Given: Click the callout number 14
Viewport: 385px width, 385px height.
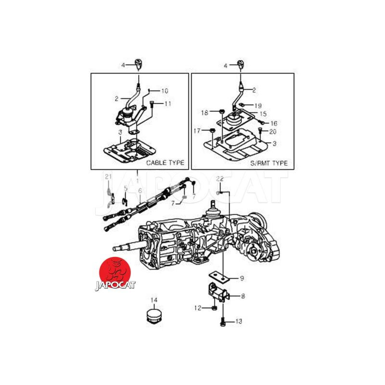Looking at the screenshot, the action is click(154, 300).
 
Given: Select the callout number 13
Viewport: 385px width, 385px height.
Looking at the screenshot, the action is click(238, 321).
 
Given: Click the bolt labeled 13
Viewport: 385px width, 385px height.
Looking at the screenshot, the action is click(222, 321).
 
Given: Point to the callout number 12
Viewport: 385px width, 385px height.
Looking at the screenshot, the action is click(198, 308).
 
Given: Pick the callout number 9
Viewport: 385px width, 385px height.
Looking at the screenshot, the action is click(242, 279).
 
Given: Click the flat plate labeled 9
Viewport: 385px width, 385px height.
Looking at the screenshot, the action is click(219, 277).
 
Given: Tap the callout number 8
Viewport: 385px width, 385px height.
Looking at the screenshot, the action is click(243, 296).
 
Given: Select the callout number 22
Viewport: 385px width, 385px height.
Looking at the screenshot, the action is click(220, 179).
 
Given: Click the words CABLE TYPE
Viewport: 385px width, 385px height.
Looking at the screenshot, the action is click(165, 163).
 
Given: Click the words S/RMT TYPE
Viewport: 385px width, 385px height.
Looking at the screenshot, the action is click(269, 163).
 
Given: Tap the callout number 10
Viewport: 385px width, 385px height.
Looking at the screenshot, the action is click(165, 91).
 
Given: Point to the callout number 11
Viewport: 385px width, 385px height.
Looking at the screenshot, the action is click(167, 103).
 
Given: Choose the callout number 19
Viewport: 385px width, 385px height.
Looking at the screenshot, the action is click(258, 106).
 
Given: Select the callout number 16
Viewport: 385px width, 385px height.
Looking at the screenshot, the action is click(274, 123).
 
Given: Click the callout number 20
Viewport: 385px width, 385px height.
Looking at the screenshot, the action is click(273, 131).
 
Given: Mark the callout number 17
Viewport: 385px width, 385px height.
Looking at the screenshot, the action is click(197, 130).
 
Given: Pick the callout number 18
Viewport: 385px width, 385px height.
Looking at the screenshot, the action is click(205, 113).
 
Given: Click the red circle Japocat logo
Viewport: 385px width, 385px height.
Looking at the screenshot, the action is click(115, 272).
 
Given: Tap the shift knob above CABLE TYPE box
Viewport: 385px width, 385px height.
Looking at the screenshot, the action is click(139, 64).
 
